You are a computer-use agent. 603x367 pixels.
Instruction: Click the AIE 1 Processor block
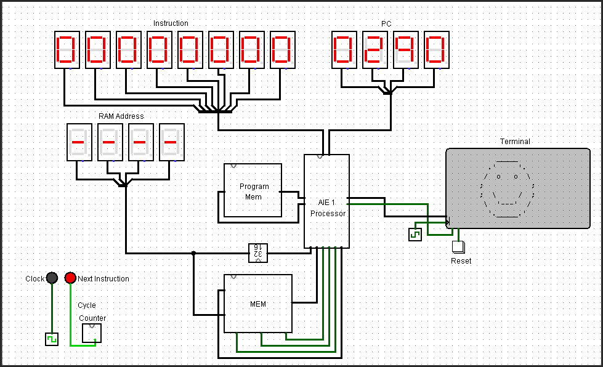pyautogui.click(x=326, y=201)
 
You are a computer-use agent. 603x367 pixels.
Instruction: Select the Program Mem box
pyautogui.click(x=253, y=190)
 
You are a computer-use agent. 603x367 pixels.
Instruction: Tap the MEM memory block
pyautogui.click(x=257, y=304)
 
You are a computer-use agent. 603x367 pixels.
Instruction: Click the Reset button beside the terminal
pyautogui.click(x=458, y=247)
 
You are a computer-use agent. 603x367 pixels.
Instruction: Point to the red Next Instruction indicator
pyautogui.click(x=70, y=278)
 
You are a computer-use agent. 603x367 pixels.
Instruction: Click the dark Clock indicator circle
pyautogui.click(x=52, y=278)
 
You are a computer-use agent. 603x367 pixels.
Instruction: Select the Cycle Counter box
pyautogui.click(x=92, y=333)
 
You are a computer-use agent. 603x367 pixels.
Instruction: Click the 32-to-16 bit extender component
pyautogui.click(x=258, y=252)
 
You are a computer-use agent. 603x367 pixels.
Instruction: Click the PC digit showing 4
pyautogui.click(x=406, y=50)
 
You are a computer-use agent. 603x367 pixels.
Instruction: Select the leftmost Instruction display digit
pyautogui.click(x=67, y=50)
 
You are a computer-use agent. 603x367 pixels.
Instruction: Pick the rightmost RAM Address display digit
pyautogui.click(x=172, y=142)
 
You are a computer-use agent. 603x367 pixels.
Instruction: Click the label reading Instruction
pyautogui.click(x=171, y=23)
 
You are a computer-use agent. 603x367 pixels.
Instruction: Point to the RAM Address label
pyautogui.click(x=121, y=116)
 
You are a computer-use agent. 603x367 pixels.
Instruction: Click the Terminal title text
pyautogui.click(x=515, y=141)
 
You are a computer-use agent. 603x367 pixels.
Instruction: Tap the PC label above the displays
pyautogui.click(x=386, y=23)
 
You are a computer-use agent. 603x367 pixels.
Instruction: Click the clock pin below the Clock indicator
pyautogui.click(x=52, y=339)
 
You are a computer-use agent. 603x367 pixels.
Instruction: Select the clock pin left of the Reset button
pyautogui.click(x=415, y=235)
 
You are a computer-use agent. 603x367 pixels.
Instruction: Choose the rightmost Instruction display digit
pyautogui.click(x=283, y=50)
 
